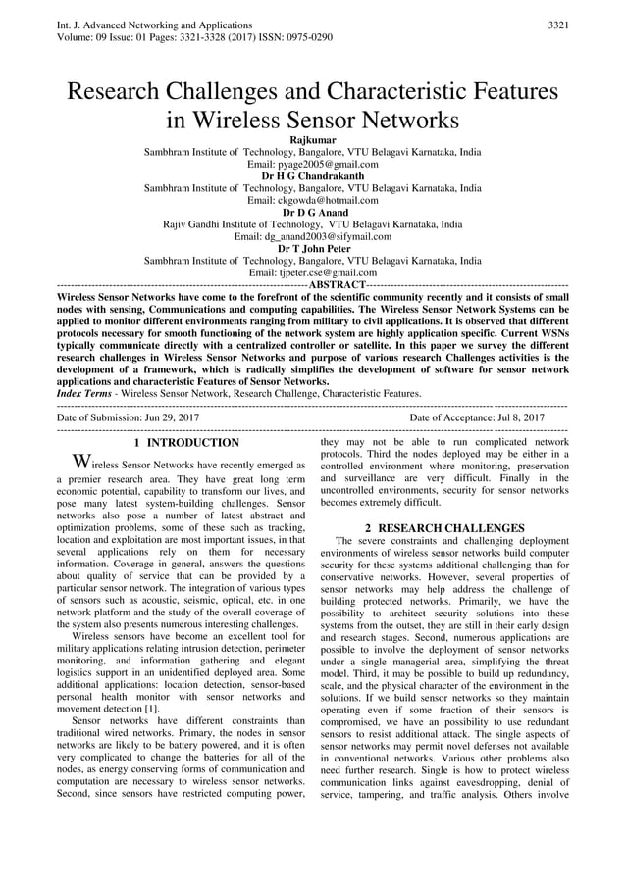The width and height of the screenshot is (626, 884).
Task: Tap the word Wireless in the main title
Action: (x=258, y=122)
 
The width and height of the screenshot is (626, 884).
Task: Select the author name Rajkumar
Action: (x=313, y=141)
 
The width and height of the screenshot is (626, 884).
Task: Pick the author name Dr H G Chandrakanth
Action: (x=313, y=176)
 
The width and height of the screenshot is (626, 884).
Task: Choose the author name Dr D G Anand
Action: (x=313, y=212)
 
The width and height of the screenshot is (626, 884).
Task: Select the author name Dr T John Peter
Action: (x=313, y=248)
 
